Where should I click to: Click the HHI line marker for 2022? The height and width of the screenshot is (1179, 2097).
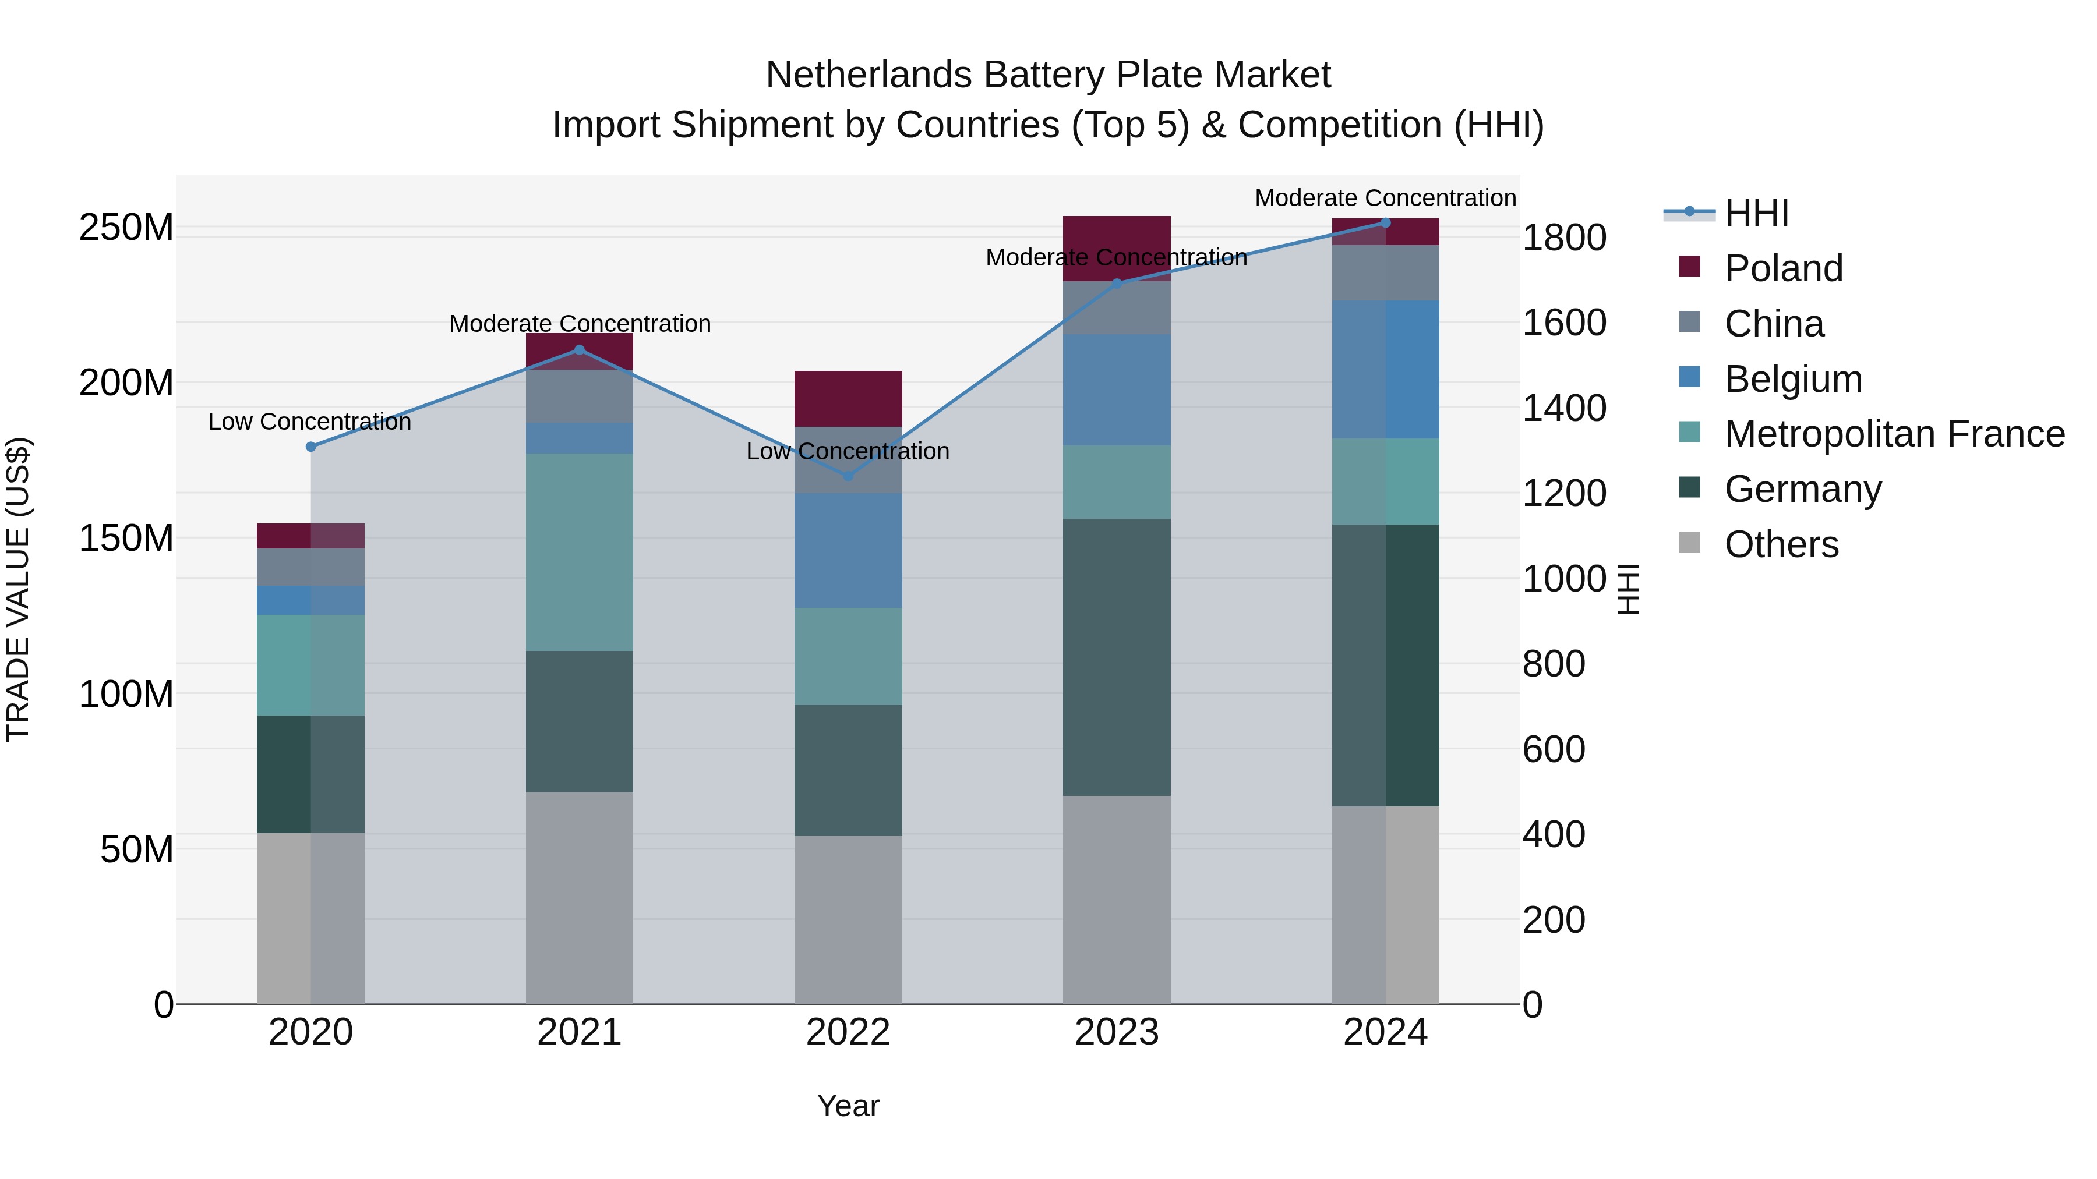coord(848,476)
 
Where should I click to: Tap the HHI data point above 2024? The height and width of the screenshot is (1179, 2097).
coord(1386,223)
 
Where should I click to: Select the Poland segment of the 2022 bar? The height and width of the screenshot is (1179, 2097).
coord(848,399)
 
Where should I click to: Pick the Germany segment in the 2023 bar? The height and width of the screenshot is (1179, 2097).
coord(1116,657)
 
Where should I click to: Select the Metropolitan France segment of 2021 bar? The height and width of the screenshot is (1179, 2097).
coord(579,552)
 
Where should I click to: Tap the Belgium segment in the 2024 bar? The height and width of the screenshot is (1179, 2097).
coord(1386,369)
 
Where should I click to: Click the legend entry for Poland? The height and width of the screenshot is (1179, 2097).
coord(1783,268)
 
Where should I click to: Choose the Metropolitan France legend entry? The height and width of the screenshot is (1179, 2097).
coord(1894,434)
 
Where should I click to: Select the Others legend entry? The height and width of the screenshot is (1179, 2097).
coord(1781,544)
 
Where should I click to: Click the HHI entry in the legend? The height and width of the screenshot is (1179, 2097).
coord(1756,213)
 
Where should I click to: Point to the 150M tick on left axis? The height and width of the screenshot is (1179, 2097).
coord(126,539)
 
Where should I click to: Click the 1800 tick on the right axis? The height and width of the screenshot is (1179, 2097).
coord(1564,238)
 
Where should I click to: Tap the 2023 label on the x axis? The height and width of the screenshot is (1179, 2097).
coord(1116,1032)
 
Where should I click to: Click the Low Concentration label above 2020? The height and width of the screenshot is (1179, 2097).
coord(309,422)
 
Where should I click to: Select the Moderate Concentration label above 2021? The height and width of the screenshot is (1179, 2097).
coord(580,324)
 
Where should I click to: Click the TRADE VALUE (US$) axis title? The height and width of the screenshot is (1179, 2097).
coord(18,589)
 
